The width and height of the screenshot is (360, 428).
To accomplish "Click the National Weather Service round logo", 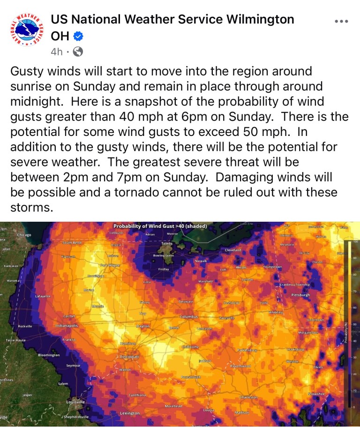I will pos(26,30).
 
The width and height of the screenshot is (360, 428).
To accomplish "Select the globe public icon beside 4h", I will pos(78,52).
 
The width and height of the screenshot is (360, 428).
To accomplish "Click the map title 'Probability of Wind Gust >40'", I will pos(160,226).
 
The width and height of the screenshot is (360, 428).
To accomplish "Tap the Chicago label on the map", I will pos(24,235).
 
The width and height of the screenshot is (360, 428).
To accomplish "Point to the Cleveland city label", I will pos(233,250).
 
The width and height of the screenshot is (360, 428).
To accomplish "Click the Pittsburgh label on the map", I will pos(300,295).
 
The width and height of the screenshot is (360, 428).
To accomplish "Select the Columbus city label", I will pos(189,317).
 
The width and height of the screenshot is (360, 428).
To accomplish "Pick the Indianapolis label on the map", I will pos(67,325).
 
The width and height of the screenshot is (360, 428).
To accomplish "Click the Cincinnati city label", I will pos(129,357).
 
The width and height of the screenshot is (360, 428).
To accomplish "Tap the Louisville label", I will pos(76,402).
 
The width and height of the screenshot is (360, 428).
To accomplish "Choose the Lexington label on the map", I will pos(130,413).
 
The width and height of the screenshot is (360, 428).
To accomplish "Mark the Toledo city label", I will pos(167,244).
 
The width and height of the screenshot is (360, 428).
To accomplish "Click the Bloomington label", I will pos(49,355).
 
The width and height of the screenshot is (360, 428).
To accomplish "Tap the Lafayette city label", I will pos(43,296).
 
